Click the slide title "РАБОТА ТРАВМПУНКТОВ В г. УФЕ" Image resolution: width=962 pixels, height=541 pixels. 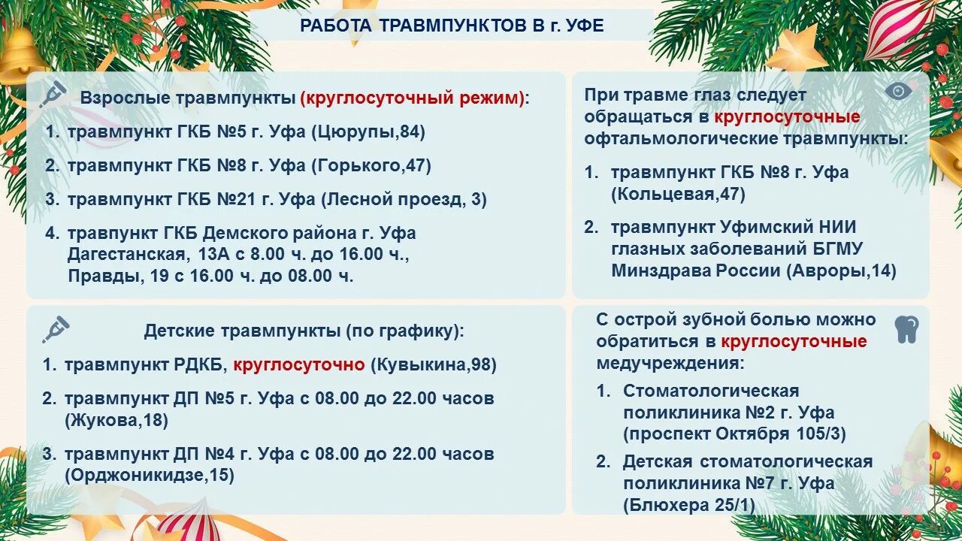tap(452, 26)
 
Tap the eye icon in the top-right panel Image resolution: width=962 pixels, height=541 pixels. tap(898, 91)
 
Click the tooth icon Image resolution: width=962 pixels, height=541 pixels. tap(907, 330)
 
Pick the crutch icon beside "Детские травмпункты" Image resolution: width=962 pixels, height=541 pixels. tap(56, 328)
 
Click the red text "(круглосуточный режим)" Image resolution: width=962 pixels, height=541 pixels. tap(412, 98)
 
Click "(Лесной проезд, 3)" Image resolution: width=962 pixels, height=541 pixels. tap(404, 200)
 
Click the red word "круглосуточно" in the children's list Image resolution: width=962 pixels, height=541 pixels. tap(298, 365)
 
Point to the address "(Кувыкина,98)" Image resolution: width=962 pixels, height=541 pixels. tap(434, 365)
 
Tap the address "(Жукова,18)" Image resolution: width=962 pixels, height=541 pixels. tap(116, 420)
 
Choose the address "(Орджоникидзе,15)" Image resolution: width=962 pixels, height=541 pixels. tap(150, 475)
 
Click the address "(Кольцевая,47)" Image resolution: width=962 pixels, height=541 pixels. tap(678, 194)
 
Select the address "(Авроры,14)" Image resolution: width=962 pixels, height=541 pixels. tap(841, 270)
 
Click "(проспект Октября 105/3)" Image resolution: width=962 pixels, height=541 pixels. tap(734, 434)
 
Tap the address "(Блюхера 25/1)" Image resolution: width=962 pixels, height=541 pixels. tap(688, 505)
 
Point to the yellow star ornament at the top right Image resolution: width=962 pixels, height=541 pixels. tap(797, 49)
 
